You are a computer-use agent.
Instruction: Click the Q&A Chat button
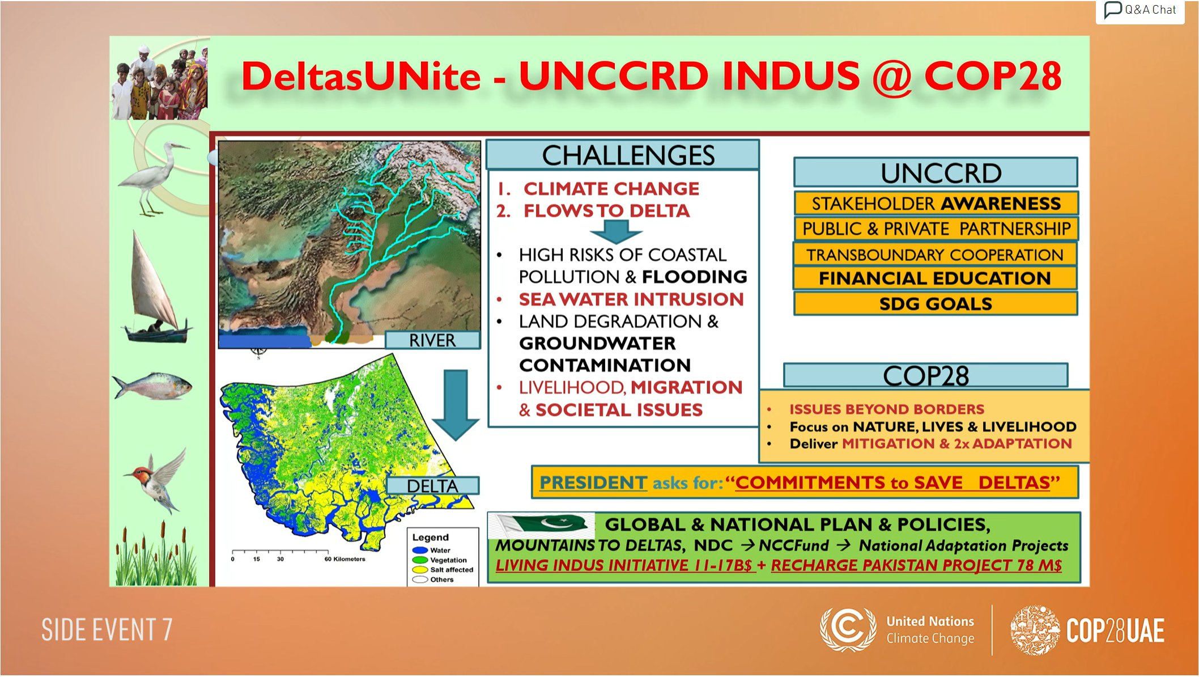[1140, 11]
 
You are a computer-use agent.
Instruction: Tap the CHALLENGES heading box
[623, 155]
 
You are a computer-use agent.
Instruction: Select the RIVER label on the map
[432, 340]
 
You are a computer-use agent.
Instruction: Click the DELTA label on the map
[432, 486]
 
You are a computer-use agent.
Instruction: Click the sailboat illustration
[156, 290]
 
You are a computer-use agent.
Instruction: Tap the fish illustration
[152, 386]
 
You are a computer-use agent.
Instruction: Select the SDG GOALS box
[936, 304]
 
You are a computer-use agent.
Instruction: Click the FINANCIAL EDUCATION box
[935, 278]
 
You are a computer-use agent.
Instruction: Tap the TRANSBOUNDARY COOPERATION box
[935, 255]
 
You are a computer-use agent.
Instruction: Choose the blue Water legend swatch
[420, 550]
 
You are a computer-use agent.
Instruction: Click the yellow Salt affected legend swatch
[420, 569]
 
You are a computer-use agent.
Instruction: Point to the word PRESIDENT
[593, 483]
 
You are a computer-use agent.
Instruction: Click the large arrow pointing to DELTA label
[456, 405]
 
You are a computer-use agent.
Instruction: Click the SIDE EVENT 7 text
[107, 630]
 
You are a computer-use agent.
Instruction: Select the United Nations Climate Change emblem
[848, 629]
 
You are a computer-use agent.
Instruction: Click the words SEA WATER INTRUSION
[631, 299]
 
